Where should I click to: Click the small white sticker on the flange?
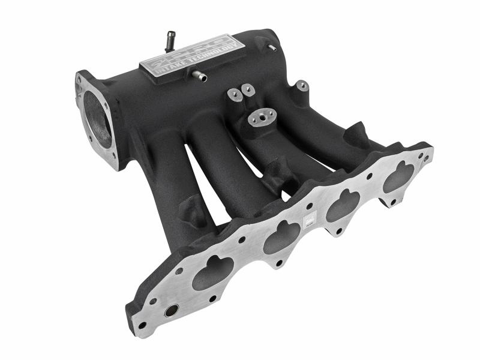click(x=310, y=220)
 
